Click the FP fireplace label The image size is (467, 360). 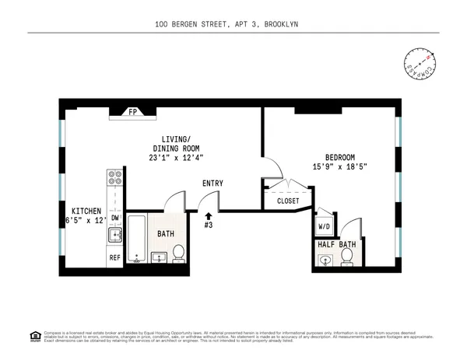(132, 112)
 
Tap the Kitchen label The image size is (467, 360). (86, 211)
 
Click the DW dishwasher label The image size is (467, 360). (114, 218)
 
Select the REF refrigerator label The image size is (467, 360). (114, 257)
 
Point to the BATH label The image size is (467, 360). (166, 233)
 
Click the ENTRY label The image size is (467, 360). (212, 183)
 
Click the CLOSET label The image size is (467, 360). (287, 201)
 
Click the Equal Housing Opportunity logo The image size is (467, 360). (34, 335)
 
